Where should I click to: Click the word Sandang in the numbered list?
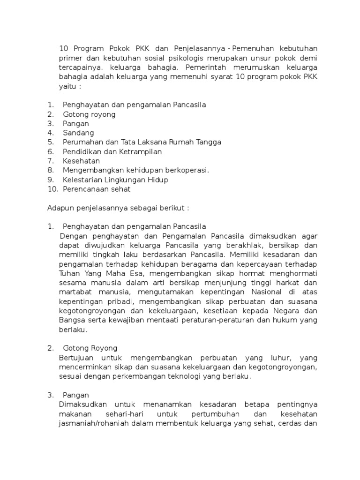tap(78, 133)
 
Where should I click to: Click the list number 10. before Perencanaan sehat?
tap(52, 189)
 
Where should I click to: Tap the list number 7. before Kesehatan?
tap(51, 161)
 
